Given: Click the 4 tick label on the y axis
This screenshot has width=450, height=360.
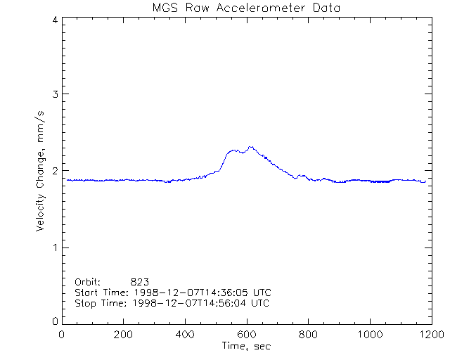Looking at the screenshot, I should [54, 20].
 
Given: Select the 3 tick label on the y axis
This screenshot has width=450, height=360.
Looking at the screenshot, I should [54, 94].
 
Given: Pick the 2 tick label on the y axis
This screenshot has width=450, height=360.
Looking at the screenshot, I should [54, 171].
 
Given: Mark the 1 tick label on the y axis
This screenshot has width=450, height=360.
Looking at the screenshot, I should [54, 247].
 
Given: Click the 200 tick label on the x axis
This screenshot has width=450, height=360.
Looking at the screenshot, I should [124, 335].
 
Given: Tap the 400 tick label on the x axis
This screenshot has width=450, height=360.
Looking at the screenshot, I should [185, 335].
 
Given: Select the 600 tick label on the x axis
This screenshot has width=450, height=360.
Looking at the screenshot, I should [247, 335].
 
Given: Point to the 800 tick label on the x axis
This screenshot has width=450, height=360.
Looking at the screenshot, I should [308, 335].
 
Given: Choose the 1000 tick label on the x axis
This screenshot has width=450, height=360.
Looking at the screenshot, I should [369, 335].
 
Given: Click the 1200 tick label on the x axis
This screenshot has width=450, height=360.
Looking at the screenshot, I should [430, 335].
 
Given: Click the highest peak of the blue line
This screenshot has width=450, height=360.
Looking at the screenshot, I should [250, 147].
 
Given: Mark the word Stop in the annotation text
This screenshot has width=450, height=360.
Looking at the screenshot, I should [85, 303].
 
